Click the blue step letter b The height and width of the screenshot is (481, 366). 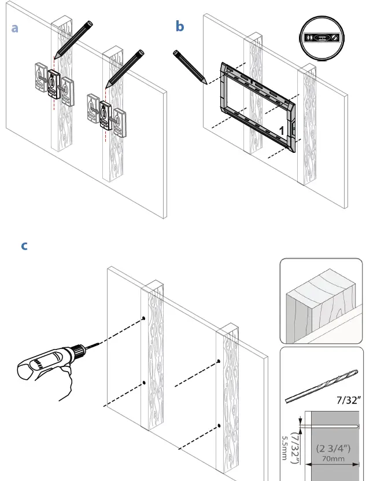(180, 27)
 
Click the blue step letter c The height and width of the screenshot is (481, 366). (24, 246)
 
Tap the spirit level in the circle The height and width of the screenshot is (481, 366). (321, 38)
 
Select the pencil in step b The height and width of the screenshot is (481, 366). (190, 67)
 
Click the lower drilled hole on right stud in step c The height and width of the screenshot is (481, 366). (219, 425)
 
